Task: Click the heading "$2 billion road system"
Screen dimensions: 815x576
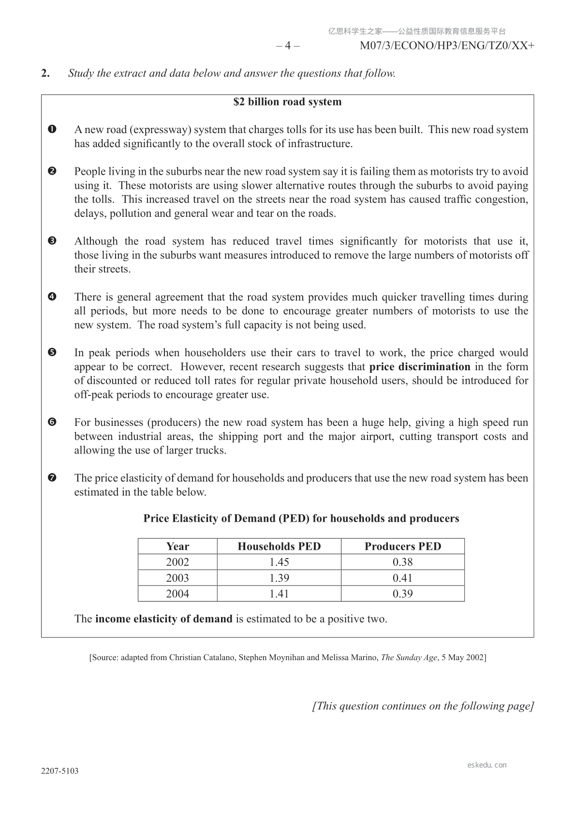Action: (287, 102)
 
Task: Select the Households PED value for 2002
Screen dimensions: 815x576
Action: (279, 562)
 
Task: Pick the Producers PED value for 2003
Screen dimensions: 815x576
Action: (402, 578)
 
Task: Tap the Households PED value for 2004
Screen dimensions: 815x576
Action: (279, 594)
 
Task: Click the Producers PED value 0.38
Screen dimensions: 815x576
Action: (402, 562)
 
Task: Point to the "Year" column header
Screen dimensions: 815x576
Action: (177, 546)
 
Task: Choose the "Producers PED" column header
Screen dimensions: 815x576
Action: (402, 546)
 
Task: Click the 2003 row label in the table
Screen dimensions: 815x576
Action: (177, 578)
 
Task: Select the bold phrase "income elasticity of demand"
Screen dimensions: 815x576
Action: (163, 619)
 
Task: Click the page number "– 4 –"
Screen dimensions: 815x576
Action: (288, 46)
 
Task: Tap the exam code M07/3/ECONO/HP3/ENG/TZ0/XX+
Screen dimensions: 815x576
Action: (447, 46)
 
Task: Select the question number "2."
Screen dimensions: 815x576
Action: (45, 74)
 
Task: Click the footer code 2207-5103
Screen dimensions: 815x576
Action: (60, 771)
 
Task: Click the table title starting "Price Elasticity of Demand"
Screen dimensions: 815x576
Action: (301, 519)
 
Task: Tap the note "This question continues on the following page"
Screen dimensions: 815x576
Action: (423, 706)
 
